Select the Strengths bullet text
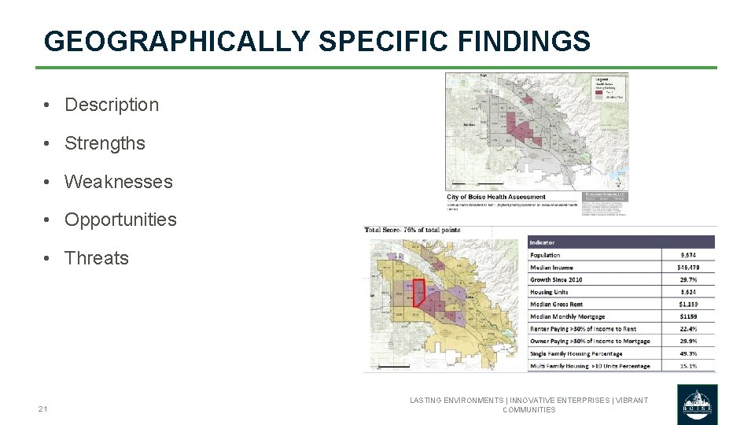pos(105,143)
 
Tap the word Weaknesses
pos(118,182)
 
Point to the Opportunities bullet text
pos(120,220)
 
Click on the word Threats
pos(96,258)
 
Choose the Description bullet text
pos(111,105)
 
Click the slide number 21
pos(42,408)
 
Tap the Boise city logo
pos(697,405)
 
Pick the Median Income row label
pos(551,268)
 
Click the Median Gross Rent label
pos(556,304)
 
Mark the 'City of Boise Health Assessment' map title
pos(495,197)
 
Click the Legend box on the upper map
pos(610,87)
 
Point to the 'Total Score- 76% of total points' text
pos(412,230)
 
